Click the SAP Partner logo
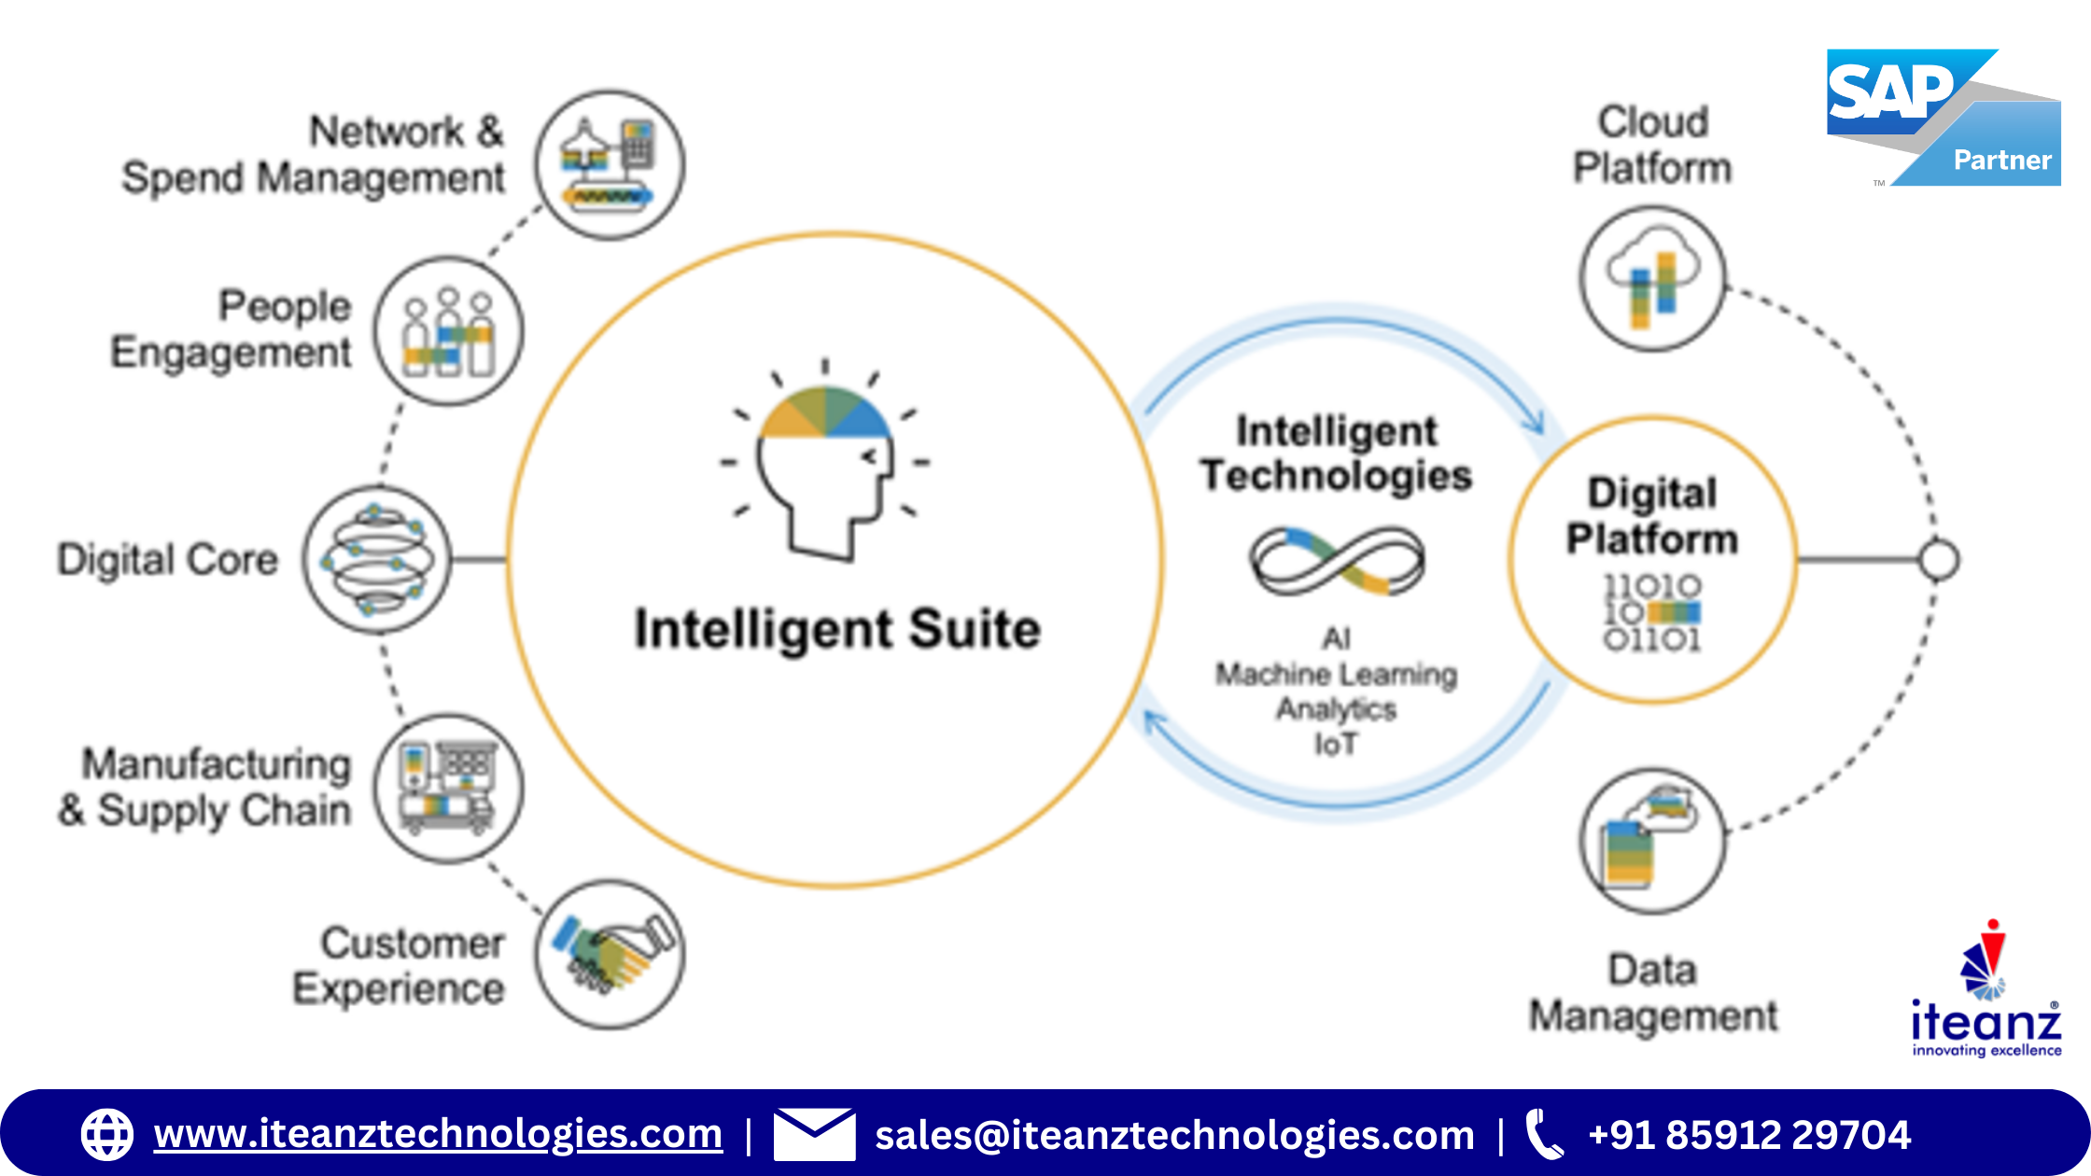[x=1944, y=118]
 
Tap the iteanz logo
[x=1986, y=989]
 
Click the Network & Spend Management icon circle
[x=610, y=165]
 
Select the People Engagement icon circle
[x=449, y=331]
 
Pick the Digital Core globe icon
[x=377, y=560]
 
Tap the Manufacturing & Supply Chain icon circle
[x=449, y=789]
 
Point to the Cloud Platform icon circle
[x=1653, y=279]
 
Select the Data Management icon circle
[x=1653, y=841]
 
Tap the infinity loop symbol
[x=1337, y=561]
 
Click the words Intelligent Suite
[x=837, y=628]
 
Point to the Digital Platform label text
[x=1652, y=516]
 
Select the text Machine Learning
[x=1337, y=674]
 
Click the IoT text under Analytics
[x=1337, y=744]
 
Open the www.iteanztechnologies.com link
[x=438, y=1134]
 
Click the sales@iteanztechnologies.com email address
[x=1174, y=1135]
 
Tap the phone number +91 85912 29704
[x=1749, y=1135]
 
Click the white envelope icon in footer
[x=814, y=1134]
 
